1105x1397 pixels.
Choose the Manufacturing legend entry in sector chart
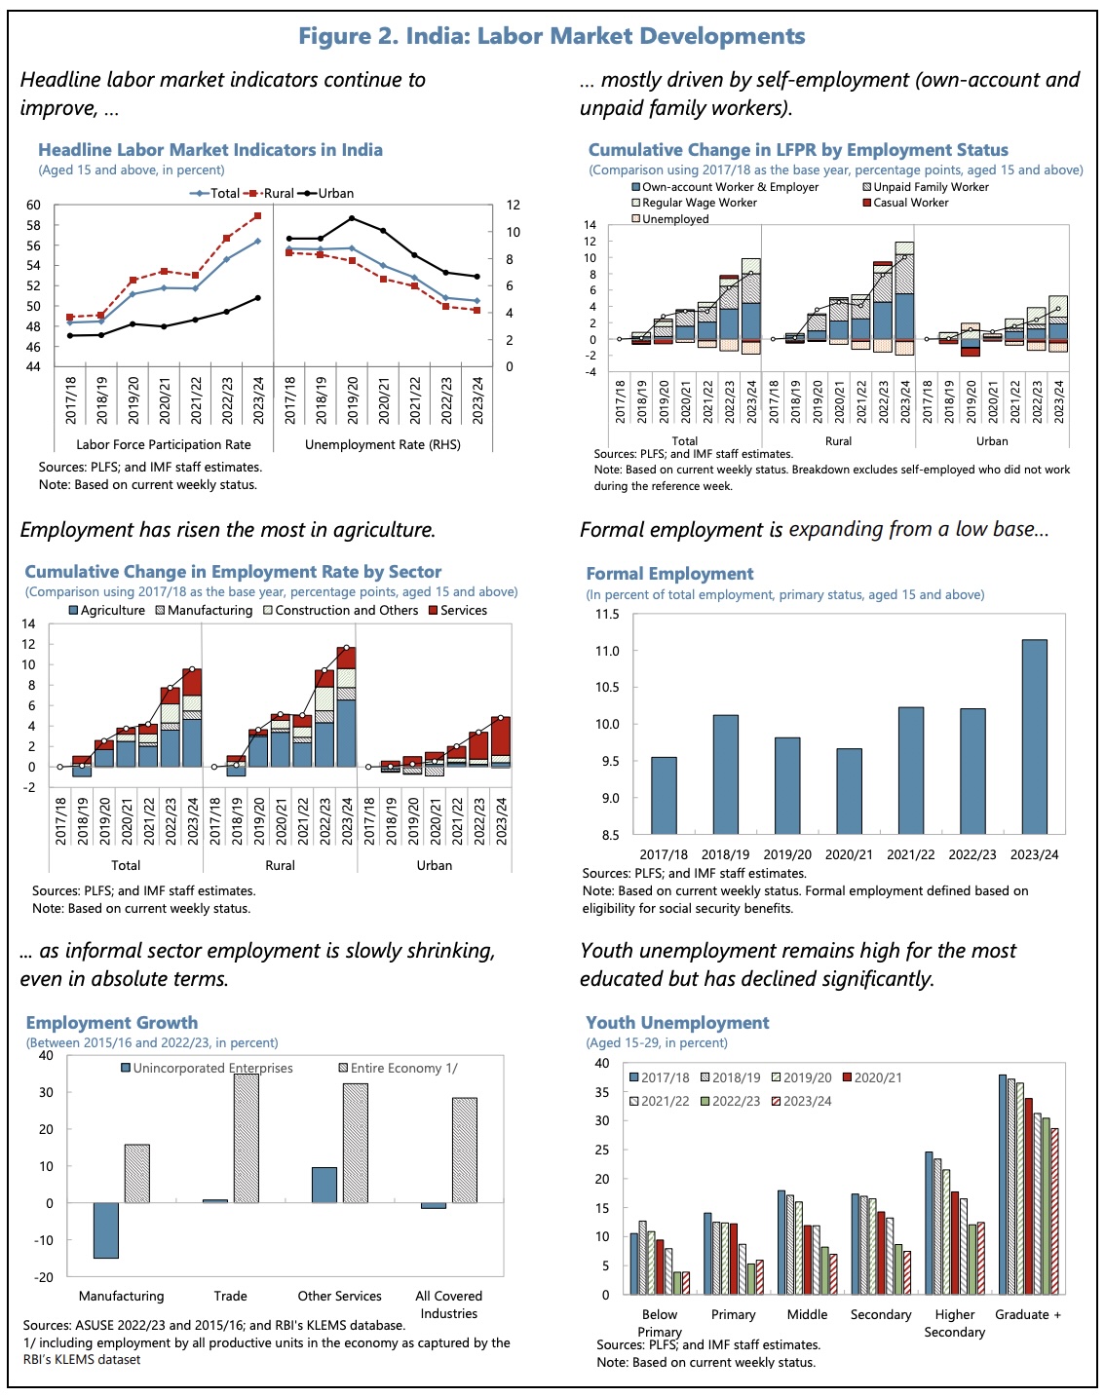tap(203, 611)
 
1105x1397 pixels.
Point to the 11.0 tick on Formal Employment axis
tap(607, 651)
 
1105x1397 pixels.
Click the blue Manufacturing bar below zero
tap(105, 1230)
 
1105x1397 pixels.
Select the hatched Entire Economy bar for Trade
tap(246, 1138)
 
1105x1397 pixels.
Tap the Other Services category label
tap(339, 1296)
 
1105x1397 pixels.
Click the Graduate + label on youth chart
tap(1027, 1314)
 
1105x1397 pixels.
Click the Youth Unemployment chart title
tap(677, 1023)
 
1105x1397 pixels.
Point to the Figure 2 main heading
tap(552, 36)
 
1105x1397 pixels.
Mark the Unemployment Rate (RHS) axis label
tap(382, 444)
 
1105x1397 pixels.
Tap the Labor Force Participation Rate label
tap(164, 444)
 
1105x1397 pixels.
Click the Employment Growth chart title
tap(112, 1023)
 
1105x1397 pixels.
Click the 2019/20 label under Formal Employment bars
tap(787, 854)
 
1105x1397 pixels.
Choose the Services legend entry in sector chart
tap(457, 611)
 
